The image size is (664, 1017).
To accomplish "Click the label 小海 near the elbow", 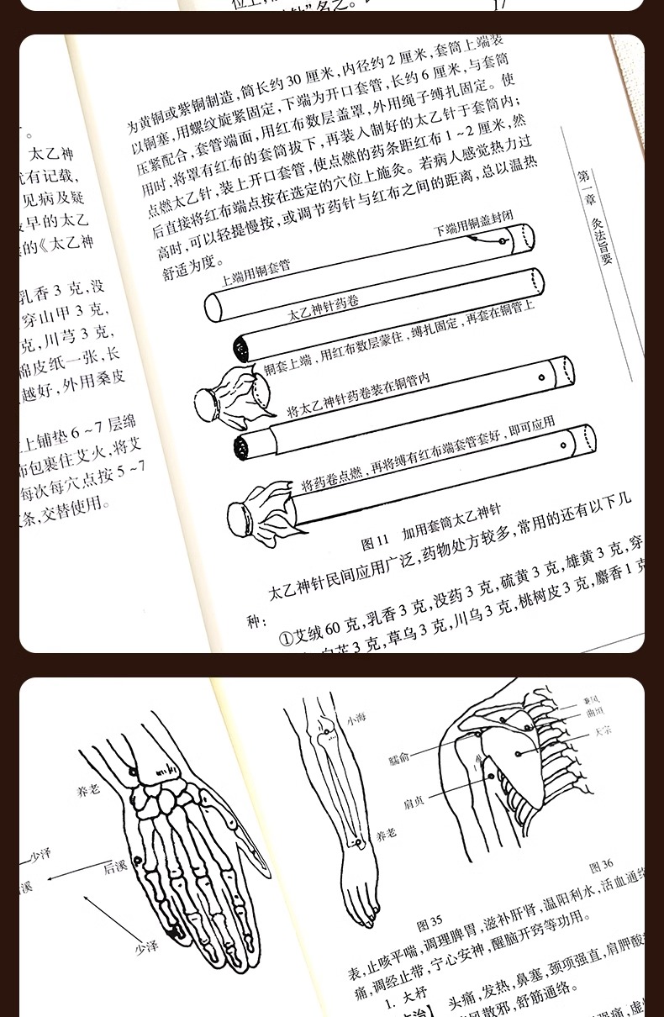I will [x=356, y=720].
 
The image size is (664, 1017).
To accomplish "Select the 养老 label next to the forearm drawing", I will [x=386, y=835].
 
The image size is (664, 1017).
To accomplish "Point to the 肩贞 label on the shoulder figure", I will [x=414, y=802].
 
